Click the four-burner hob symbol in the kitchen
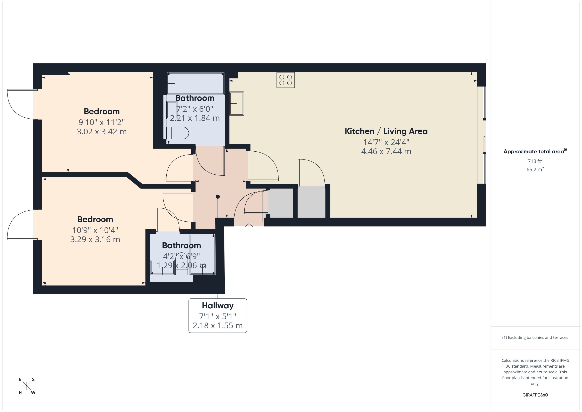click(x=286, y=80)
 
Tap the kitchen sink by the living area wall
click(x=237, y=103)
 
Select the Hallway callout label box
click(x=218, y=315)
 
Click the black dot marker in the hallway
click(x=218, y=197)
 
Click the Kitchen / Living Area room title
click(x=386, y=131)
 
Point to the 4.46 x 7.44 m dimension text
click(x=386, y=152)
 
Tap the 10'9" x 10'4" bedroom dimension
click(x=95, y=230)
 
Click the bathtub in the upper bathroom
click(x=195, y=83)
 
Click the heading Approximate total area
click(x=534, y=152)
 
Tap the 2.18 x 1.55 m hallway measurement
click(x=218, y=326)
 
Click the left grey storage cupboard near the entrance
click(x=281, y=203)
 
